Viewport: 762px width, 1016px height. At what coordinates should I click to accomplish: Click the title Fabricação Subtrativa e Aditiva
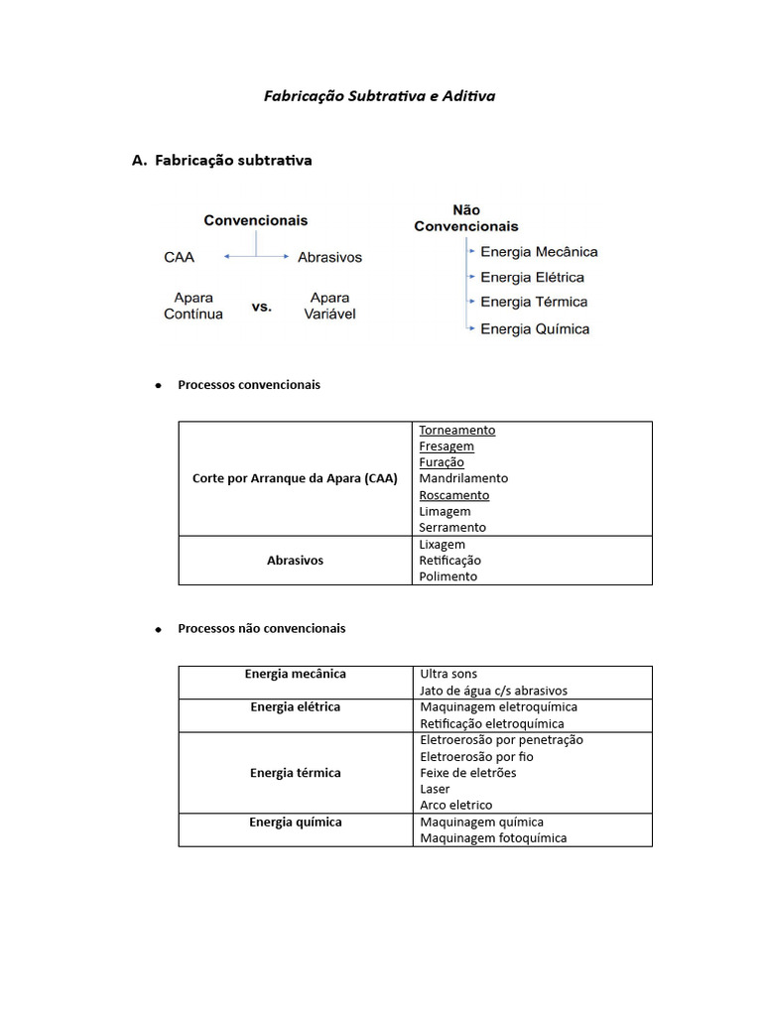(379, 96)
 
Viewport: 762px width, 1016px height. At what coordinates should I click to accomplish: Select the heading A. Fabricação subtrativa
(222, 160)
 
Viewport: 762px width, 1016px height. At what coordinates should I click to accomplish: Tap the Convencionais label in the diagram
(256, 220)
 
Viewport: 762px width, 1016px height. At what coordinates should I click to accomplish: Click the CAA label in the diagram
(180, 257)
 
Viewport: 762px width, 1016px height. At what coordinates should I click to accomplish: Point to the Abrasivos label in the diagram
(329, 257)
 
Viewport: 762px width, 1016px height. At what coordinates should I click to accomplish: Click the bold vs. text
(261, 307)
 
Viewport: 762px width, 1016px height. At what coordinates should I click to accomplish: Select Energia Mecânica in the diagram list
(539, 252)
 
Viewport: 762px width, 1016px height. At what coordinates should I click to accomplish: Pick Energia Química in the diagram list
(535, 328)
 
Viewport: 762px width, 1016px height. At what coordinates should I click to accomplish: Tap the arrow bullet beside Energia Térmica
(471, 302)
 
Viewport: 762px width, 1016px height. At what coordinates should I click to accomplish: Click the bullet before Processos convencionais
(159, 385)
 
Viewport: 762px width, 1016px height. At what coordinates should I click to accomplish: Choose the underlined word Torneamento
(456, 430)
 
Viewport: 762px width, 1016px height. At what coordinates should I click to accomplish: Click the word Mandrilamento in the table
(463, 478)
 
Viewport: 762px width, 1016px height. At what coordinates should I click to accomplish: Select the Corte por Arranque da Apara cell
(295, 478)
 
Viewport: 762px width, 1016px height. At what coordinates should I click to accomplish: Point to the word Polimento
(448, 576)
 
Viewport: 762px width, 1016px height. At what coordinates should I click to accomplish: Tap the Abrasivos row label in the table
(295, 561)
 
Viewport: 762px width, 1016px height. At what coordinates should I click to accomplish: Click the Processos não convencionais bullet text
(262, 628)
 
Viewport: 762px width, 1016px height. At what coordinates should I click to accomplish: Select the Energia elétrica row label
(295, 706)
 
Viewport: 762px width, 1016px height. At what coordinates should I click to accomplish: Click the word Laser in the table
(435, 789)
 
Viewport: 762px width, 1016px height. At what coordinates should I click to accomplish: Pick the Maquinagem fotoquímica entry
(493, 838)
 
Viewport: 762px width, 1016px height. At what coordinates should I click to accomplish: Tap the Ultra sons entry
(448, 674)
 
